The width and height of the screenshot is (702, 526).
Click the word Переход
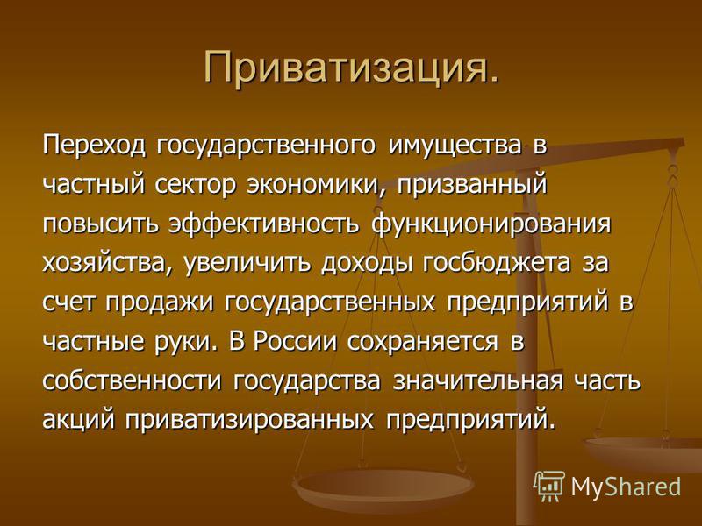(x=94, y=146)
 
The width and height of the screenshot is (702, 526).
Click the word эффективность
(x=264, y=224)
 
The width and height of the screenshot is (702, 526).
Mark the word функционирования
(x=491, y=224)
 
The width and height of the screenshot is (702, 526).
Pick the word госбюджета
(x=497, y=263)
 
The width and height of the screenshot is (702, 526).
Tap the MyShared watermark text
(x=626, y=487)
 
